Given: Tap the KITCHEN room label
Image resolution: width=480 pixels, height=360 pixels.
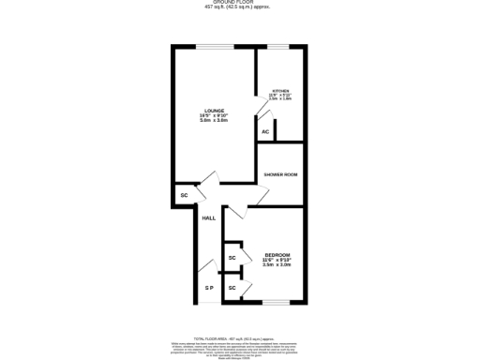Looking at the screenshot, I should pyautogui.click(x=281, y=90).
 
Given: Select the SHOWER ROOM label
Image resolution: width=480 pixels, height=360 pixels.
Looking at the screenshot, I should pyautogui.click(x=280, y=175).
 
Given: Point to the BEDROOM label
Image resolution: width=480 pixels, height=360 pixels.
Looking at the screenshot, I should pyautogui.click(x=277, y=255).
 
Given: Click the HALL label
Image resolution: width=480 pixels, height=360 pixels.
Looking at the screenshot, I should pyautogui.click(x=208, y=217).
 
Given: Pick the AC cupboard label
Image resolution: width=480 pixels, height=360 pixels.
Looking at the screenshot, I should pyautogui.click(x=265, y=132).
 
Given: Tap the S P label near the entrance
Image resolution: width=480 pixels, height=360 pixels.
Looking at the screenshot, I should pyautogui.click(x=210, y=287).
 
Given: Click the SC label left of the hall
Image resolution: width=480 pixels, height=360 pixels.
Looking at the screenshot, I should pyautogui.click(x=184, y=195).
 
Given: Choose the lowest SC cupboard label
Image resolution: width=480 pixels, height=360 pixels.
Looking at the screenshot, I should pyautogui.click(x=232, y=287).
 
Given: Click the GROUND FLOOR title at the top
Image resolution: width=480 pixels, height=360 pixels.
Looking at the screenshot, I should pyautogui.click(x=240, y=4).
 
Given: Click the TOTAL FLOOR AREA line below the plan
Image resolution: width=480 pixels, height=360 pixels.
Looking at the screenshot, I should pyautogui.click(x=240, y=337).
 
